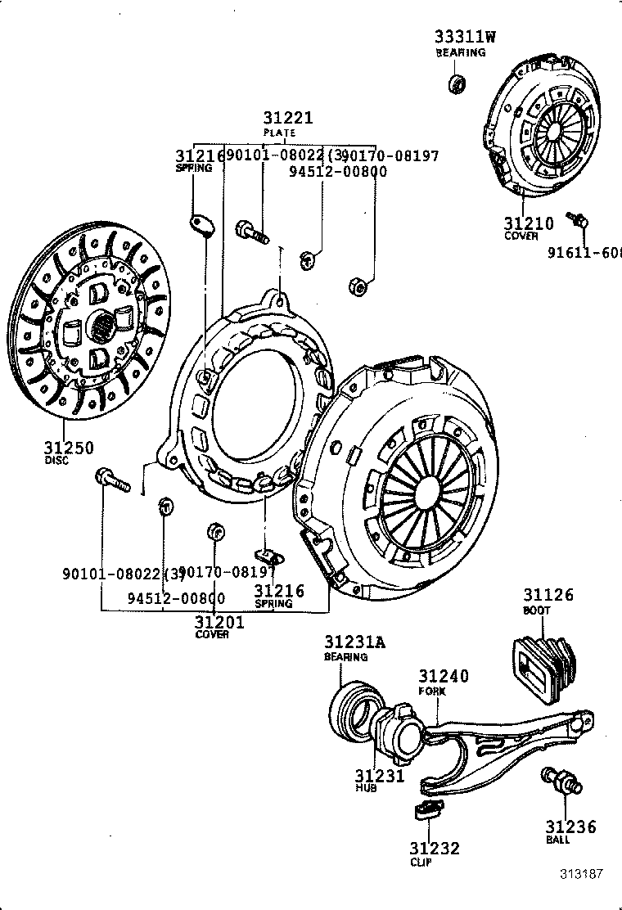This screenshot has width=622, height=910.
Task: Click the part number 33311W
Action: point(466,37)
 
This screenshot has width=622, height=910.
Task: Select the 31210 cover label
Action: point(528,223)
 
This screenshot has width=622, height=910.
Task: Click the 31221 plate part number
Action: point(287,119)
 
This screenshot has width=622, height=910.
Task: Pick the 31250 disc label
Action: point(69,447)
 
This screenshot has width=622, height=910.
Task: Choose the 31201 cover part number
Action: point(219,622)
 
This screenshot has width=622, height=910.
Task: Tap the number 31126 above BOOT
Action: point(548,596)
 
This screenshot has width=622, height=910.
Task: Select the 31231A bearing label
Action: point(355,642)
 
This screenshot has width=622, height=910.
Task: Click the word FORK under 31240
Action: point(432,692)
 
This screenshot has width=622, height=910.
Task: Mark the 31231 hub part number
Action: point(380,776)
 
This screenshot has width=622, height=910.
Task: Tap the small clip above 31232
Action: point(426,811)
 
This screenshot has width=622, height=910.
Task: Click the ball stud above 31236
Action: point(561,780)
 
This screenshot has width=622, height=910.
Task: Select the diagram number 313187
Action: point(581,873)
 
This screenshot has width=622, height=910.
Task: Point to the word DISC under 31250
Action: point(56,461)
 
